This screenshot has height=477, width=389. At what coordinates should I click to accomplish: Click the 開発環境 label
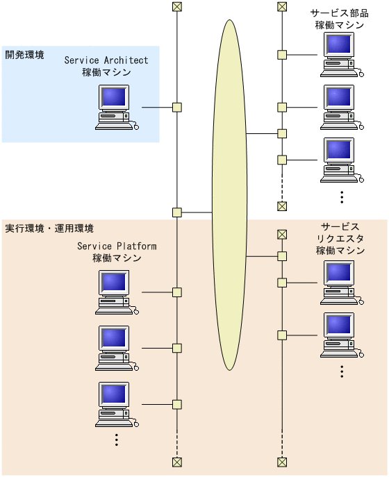[x=25, y=54]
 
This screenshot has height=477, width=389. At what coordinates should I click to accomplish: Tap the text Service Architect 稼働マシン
[x=106, y=66]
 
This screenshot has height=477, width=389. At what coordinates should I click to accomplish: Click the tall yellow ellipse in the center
[x=229, y=194]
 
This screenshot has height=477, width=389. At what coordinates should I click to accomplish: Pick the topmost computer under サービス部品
[x=340, y=54]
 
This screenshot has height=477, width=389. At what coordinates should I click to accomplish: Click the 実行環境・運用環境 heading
[x=49, y=228]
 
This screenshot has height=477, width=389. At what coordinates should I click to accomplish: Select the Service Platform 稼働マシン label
[x=117, y=252]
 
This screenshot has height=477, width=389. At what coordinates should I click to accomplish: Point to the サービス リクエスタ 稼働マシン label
[x=340, y=239]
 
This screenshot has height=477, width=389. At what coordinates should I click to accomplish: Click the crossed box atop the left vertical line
[x=177, y=8]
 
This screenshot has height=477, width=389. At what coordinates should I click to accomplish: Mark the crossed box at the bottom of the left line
[x=177, y=462]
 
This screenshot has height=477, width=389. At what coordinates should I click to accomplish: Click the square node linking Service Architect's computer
[x=177, y=107]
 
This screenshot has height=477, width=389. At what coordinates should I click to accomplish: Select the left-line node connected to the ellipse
[x=177, y=212]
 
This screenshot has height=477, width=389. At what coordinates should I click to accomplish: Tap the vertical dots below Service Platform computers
[x=117, y=440]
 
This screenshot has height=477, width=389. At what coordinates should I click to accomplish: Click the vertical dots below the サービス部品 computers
[x=342, y=196]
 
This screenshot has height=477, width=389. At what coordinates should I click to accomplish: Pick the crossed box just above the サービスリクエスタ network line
[x=282, y=235]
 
